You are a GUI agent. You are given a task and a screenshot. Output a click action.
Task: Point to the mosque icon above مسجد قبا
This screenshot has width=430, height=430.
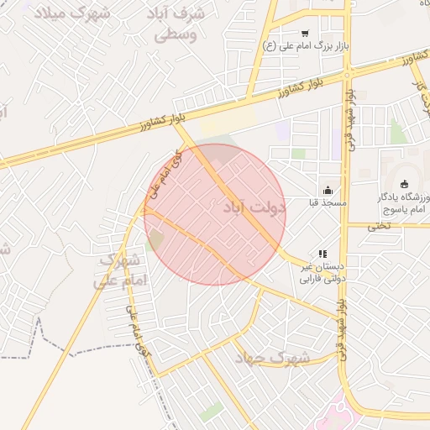[328, 189]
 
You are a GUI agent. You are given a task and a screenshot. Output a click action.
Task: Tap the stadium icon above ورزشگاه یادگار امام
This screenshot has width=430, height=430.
[405, 185]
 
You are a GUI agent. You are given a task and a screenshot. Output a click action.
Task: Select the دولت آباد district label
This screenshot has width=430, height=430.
[256, 207]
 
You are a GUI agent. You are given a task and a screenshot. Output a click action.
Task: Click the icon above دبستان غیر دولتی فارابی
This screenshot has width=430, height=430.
[321, 253]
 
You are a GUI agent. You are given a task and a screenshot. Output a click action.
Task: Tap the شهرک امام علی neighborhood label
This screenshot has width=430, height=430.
[123, 270]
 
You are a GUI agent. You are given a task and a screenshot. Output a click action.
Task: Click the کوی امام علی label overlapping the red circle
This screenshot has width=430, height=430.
[164, 175]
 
